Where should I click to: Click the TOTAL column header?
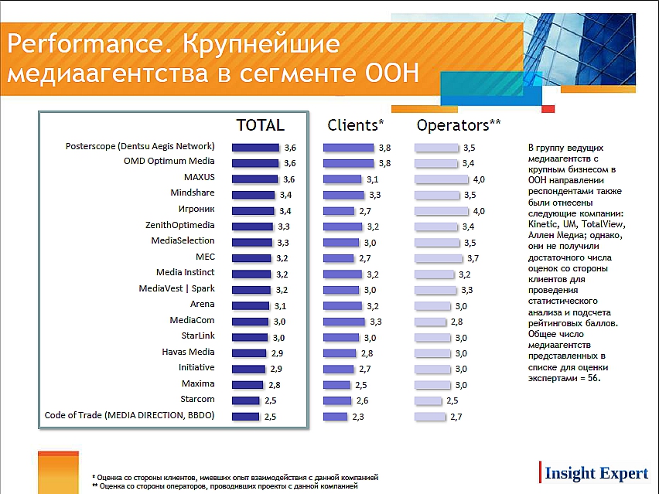coord(260,125)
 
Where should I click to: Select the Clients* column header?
coord(356,125)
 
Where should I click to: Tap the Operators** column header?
coord(459,125)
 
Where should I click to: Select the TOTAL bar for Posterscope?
coord(255,147)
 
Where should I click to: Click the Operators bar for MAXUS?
coord(442,179)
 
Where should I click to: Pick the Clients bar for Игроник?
coord(338,210)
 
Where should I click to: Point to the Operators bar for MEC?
coord(439,257)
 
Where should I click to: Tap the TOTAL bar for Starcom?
coord(246,400)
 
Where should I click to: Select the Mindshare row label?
coord(193,193)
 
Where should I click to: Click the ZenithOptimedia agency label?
coord(179,225)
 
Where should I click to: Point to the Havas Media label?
coord(188,352)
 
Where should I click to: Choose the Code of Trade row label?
coord(129,416)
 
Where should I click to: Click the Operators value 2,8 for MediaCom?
coord(456,321)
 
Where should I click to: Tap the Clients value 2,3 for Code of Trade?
coord(358,417)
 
